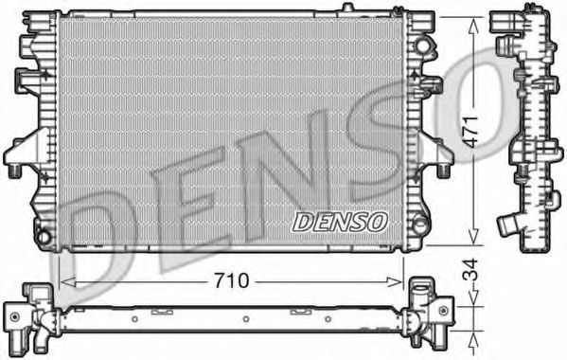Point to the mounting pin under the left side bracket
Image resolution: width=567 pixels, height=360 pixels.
click(x=15, y=171)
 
